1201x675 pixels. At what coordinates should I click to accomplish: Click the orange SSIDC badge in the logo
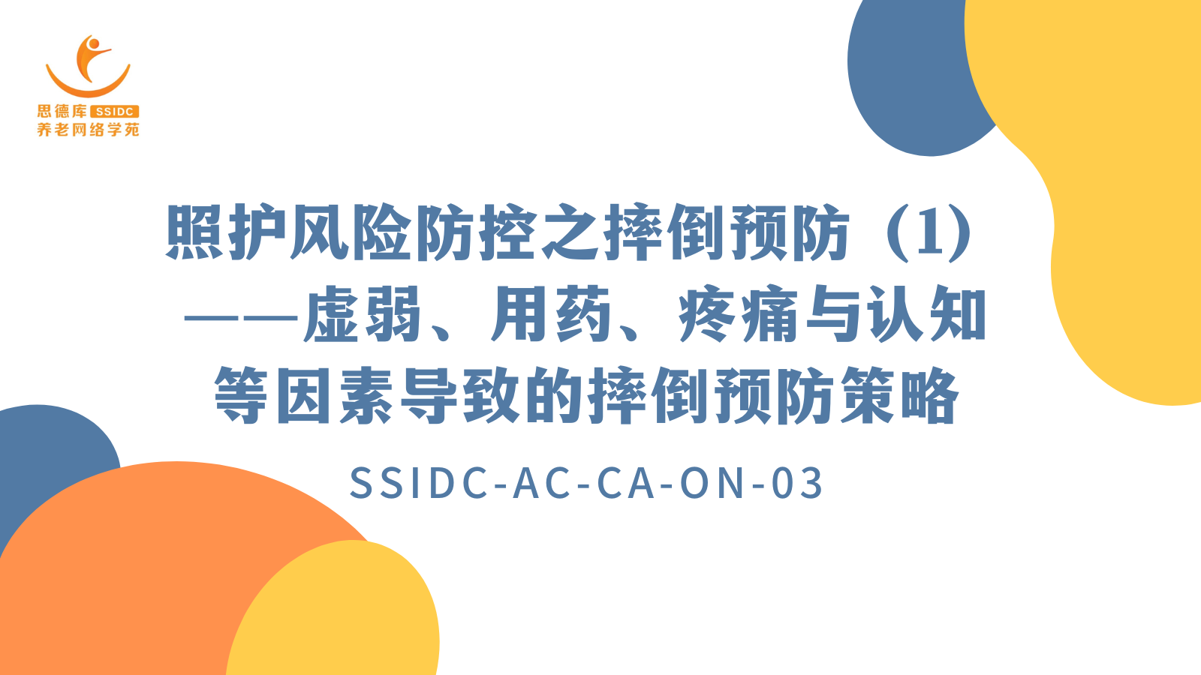115,112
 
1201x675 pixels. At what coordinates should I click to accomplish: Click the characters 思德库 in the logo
62,112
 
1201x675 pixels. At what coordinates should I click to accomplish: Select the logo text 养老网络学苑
88,130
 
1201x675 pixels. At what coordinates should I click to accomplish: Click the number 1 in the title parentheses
929,235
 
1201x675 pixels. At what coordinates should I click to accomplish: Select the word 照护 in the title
226,232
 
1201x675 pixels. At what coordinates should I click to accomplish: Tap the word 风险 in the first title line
351,232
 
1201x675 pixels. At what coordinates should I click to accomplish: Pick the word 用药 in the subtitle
551,314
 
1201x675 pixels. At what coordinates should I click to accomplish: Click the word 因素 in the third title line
335,397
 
